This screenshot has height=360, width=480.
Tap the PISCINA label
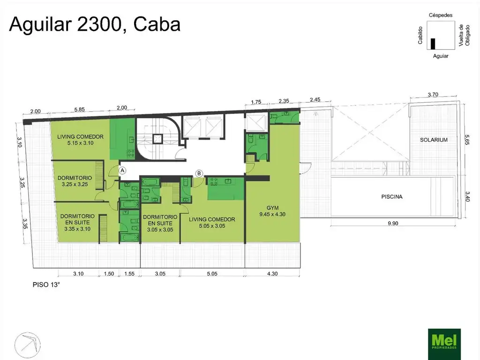coord(391,196)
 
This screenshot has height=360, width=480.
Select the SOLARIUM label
coord(434,140)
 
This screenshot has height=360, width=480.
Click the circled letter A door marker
coord(122,171)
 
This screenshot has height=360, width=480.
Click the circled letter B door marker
coord(199,173)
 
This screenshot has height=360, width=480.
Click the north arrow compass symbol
coord(28,345)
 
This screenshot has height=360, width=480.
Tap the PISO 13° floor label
coord(46,285)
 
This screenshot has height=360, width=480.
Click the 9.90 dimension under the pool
coord(393,223)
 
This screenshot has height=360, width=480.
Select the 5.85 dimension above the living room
coord(79,109)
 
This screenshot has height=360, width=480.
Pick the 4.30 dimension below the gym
coord(272,273)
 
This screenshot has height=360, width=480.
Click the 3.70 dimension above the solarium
coord(433,95)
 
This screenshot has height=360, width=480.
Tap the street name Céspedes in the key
coord(441,15)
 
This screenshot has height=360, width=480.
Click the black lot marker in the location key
coord(433,44)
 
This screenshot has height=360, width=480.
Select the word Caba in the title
coord(157,24)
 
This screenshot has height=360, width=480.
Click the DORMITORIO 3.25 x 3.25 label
coord(75,181)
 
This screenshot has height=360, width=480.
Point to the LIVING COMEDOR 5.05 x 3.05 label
coord(212,223)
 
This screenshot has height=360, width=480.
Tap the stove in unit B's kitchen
coord(213,181)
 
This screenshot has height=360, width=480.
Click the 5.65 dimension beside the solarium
coord(467,140)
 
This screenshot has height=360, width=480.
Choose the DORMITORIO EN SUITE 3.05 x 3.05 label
coord(160,223)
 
